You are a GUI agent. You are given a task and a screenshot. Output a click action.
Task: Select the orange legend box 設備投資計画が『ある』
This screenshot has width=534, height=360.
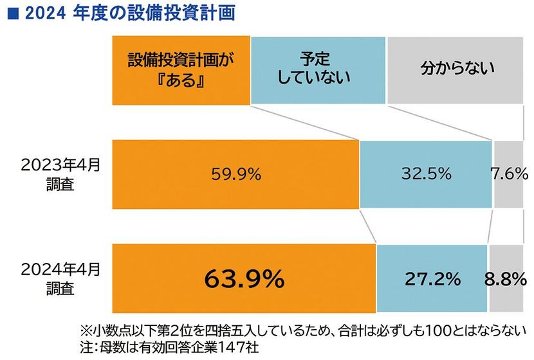180,71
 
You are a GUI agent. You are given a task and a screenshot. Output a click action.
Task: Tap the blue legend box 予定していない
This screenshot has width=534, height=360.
318,71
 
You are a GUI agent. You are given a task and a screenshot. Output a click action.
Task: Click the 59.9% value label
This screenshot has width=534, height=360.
236,174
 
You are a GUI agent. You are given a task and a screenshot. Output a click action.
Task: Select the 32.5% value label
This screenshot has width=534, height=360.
426,174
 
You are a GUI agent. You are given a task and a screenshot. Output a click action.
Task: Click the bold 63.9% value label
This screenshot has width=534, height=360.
244,279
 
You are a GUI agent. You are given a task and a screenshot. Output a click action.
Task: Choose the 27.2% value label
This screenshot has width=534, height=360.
432,279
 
